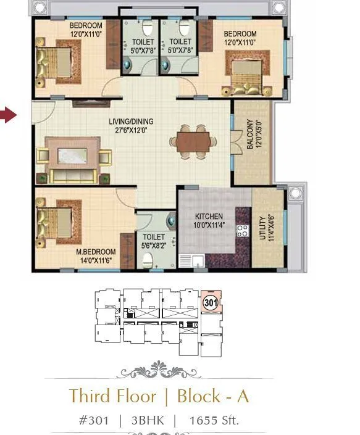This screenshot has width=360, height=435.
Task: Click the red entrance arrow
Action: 8,115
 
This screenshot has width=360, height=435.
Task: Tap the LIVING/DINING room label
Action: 131,122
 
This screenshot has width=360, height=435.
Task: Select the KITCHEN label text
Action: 209,217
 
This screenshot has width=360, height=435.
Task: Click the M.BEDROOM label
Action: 96,252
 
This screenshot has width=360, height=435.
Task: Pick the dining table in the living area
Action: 191,141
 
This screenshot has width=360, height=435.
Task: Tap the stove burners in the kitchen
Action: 243,232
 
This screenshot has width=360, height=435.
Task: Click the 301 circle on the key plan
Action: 211,302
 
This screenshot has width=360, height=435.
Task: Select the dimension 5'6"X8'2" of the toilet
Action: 154,245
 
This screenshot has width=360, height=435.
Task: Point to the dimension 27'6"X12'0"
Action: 131,130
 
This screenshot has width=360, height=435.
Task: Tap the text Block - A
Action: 213,396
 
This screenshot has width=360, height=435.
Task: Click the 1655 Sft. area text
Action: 214,421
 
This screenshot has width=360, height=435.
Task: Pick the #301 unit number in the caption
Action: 93,421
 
